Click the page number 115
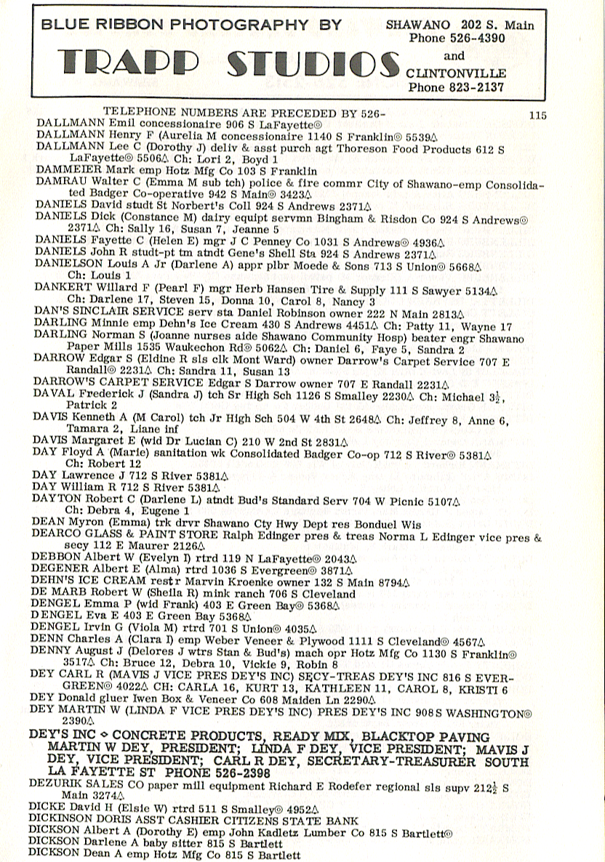click(538, 115)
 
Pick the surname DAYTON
click(55, 501)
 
